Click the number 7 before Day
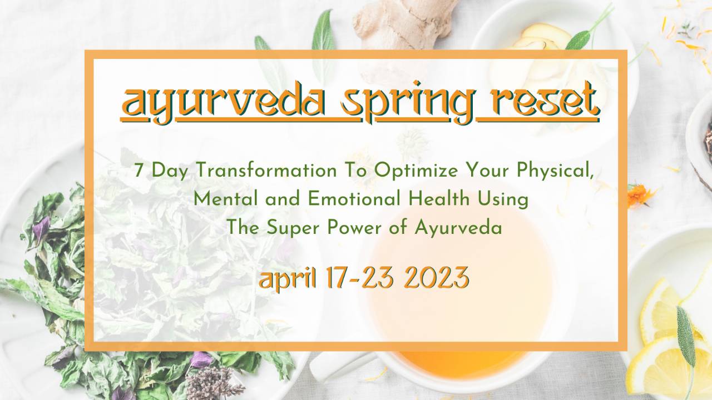[x=139, y=170]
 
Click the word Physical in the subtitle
[x=557, y=171]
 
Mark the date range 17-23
[x=356, y=278]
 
